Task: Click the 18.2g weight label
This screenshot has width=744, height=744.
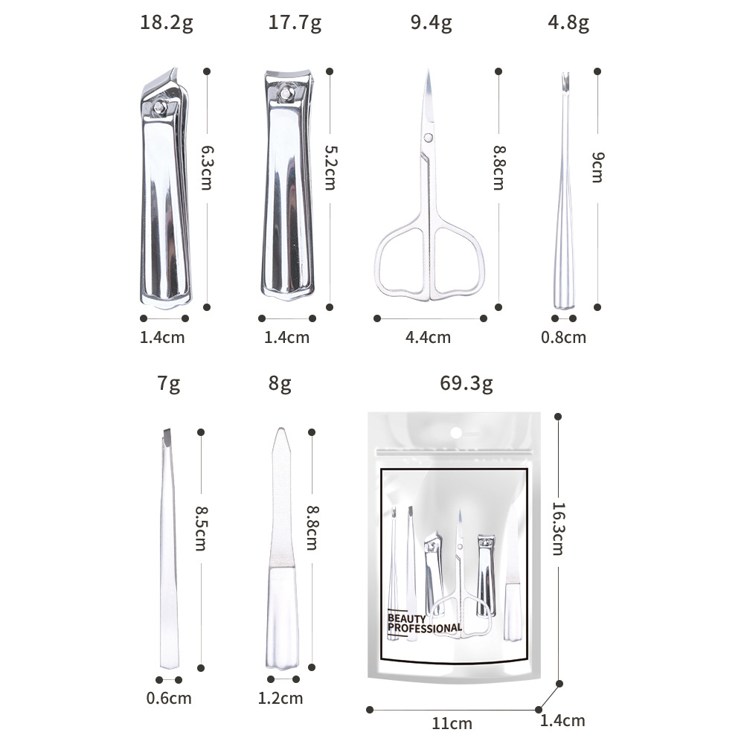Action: click(167, 23)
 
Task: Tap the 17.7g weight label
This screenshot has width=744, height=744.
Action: click(295, 23)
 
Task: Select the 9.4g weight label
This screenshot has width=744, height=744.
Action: click(431, 23)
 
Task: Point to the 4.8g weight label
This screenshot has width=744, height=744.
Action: click(568, 23)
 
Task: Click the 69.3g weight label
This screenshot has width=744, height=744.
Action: click(466, 383)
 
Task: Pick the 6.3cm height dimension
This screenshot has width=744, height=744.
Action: click(207, 167)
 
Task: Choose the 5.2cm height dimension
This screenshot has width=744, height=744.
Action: click(330, 167)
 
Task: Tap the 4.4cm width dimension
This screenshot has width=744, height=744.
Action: click(428, 337)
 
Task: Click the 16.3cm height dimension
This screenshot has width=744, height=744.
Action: click(558, 528)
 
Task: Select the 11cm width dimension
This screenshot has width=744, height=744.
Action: click(452, 724)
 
